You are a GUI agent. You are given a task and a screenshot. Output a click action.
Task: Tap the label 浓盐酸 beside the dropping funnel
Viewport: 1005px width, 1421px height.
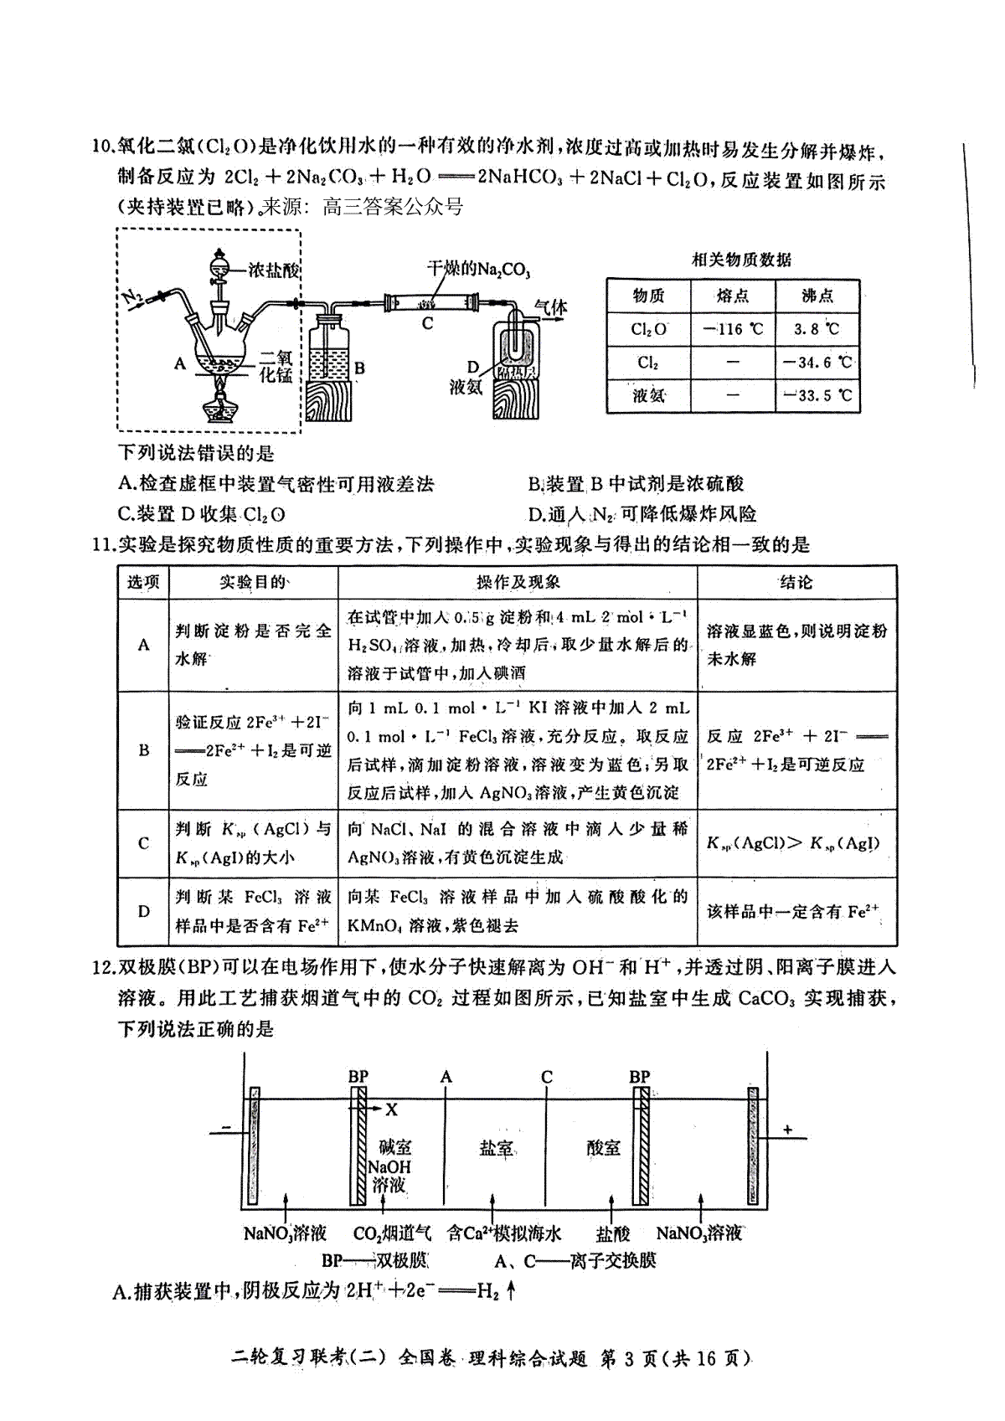point(274,270)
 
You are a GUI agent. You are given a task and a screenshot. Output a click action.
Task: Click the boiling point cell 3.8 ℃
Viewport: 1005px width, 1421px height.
point(817,329)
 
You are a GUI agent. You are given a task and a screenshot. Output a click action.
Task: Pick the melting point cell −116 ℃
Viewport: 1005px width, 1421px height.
point(733,329)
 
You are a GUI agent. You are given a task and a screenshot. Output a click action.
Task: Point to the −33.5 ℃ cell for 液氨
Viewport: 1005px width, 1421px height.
point(817,395)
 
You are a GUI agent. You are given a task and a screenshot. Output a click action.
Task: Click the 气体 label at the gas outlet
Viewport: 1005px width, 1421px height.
point(550,308)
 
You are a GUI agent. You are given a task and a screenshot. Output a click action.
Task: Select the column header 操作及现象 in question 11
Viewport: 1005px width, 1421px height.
point(518,582)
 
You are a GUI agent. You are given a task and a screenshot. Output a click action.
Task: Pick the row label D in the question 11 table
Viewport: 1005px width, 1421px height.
point(144,911)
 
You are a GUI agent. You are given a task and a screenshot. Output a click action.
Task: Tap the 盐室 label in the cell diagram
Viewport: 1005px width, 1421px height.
point(496,1148)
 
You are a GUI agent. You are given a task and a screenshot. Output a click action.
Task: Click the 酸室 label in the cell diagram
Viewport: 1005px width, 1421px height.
point(604,1148)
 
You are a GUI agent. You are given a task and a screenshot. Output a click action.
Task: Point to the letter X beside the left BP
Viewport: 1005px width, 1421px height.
point(391,1110)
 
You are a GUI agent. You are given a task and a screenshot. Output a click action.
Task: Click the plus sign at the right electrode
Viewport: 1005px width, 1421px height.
point(787,1130)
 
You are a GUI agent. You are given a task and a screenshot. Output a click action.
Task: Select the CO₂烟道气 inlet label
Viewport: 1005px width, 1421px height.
point(392,1233)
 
